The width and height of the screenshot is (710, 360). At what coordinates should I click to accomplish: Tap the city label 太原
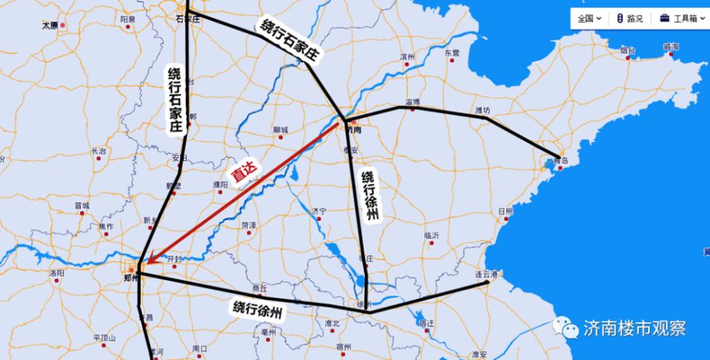(x=50, y=25)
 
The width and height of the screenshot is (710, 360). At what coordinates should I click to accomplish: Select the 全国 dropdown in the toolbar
(x=589, y=18)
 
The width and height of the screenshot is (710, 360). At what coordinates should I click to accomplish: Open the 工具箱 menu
(x=679, y=18)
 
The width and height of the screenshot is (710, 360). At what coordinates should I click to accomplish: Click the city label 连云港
(x=487, y=273)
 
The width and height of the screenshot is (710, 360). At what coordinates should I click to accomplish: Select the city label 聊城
(x=280, y=131)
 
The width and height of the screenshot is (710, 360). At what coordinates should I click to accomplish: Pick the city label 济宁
(x=319, y=211)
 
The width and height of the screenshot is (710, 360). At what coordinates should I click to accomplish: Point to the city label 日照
(x=506, y=211)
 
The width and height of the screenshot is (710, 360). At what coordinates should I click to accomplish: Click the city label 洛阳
(x=57, y=273)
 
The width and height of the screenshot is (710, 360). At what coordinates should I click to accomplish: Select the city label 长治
(x=99, y=151)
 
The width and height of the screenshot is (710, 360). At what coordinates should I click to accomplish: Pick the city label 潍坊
(x=482, y=110)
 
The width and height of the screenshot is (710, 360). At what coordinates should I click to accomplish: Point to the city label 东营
(x=452, y=53)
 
